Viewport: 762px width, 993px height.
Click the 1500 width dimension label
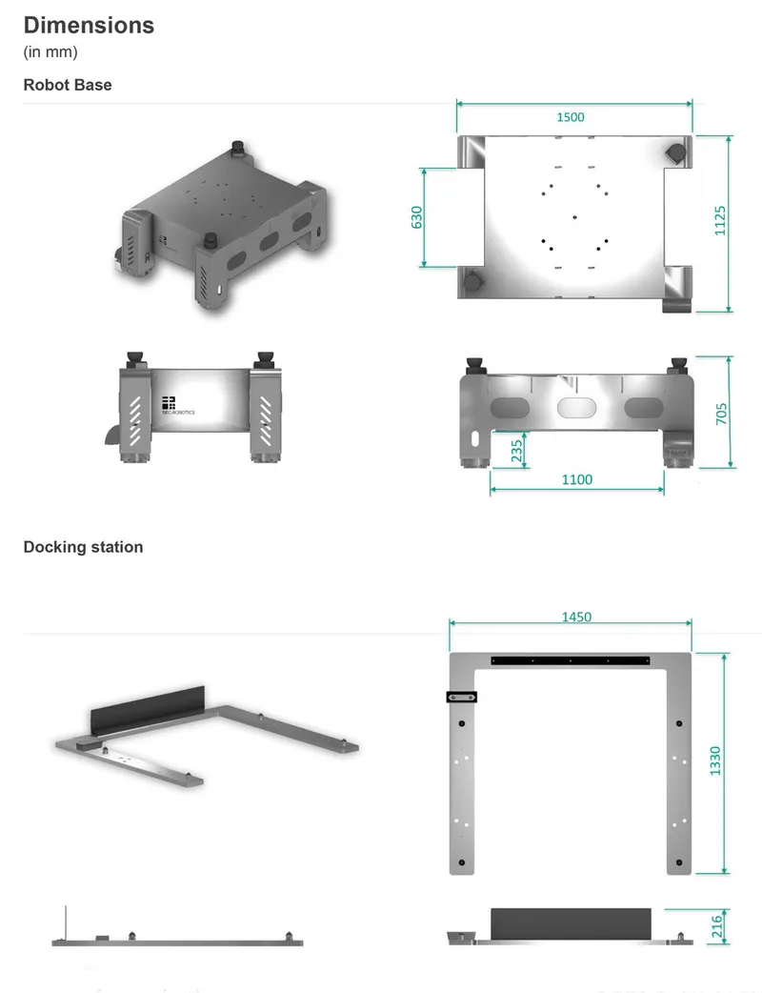(571, 117)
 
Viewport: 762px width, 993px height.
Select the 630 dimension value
(416, 217)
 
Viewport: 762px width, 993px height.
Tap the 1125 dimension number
(719, 220)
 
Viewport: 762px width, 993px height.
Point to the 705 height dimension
(721, 415)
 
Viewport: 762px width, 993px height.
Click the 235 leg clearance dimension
(517, 451)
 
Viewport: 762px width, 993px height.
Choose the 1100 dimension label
(577, 479)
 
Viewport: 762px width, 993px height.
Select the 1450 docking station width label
(576, 617)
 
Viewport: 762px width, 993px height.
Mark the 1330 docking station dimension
(715, 760)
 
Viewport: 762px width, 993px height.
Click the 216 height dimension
(716, 926)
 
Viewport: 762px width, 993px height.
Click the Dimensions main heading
(89, 26)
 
